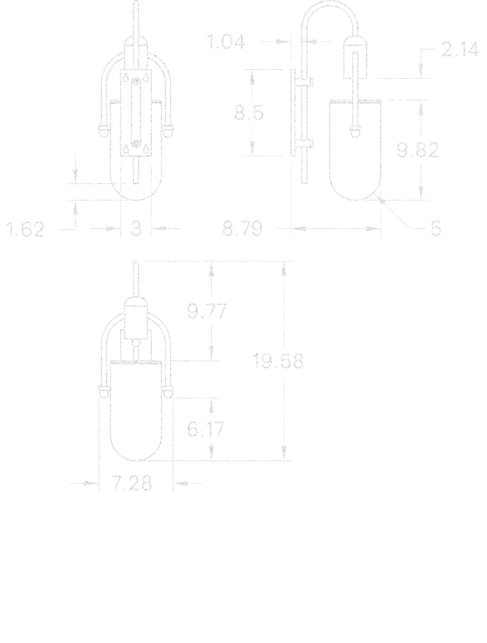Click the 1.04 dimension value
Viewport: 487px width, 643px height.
[x=225, y=42]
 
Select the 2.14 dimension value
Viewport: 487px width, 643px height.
[x=459, y=49]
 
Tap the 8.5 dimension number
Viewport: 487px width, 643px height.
[x=249, y=113]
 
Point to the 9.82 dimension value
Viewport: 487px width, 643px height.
[x=417, y=150]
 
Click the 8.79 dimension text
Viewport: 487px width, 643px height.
[x=242, y=229]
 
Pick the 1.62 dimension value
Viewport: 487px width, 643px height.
[x=25, y=229]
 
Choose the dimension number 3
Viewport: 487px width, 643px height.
[x=136, y=229]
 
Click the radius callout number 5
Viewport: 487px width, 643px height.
[x=436, y=228]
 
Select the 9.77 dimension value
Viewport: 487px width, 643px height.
[x=207, y=311]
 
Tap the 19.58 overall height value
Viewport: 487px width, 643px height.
[x=278, y=361]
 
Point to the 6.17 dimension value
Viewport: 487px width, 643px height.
[x=206, y=429]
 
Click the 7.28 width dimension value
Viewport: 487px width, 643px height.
[x=132, y=483]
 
